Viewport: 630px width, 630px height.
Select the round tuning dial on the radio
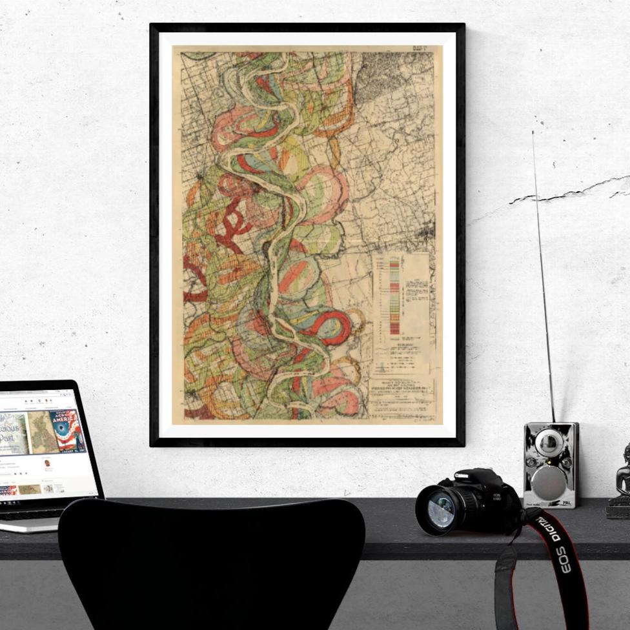[x=549, y=443]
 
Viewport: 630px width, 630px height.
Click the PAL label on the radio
[x=566, y=502]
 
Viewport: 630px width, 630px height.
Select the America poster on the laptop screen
[x=67, y=431]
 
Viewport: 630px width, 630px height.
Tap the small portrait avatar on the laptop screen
[x=47, y=463]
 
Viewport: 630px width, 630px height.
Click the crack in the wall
[x=568, y=191]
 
